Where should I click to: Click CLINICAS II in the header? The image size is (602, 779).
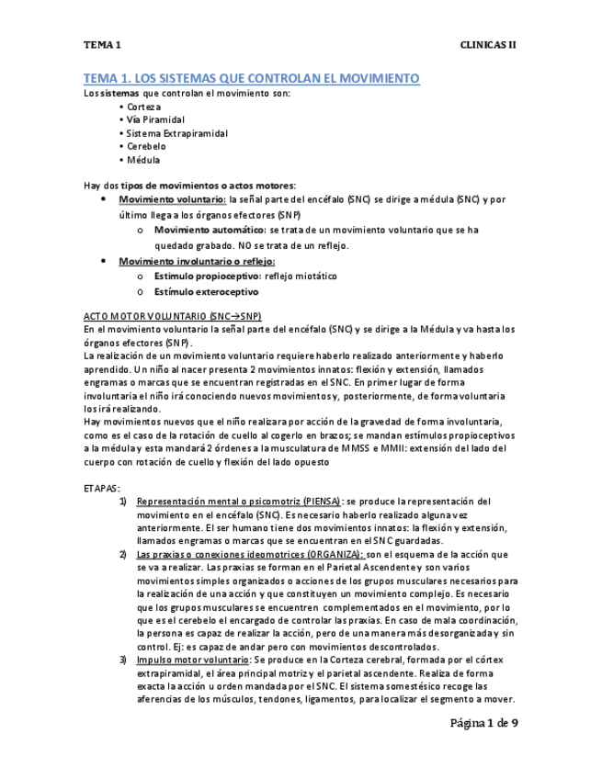[x=489, y=44]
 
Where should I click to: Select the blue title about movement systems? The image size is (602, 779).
[x=251, y=79]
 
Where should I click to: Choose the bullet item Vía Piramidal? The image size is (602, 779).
[x=155, y=119]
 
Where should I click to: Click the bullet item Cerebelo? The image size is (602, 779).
[x=146, y=146]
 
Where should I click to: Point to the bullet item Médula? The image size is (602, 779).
[x=143, y=160]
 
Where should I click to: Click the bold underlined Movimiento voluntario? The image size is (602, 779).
[x=173, y=199]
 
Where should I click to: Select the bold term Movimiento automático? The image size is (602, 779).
[x=206, y=231]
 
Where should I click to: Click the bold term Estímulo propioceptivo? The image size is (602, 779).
[x=207, y=277]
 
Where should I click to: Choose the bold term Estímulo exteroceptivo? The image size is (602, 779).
[x=206, y=292]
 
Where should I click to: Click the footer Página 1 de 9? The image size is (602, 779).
[x=483, y=724]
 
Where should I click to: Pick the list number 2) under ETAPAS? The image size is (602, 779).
[x=123, y=555]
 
